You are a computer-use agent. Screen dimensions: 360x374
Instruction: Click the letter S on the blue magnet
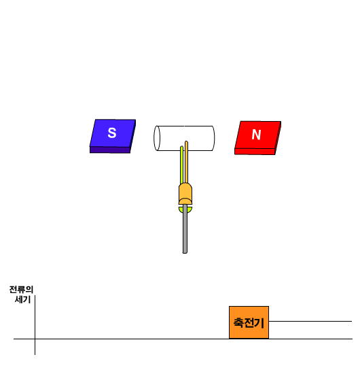point(112,133)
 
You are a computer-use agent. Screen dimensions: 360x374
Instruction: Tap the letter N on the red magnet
point(256,135)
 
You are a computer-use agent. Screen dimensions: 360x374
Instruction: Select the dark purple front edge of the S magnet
point(110,150)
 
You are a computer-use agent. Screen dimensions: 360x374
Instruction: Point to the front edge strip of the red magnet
point(255,152)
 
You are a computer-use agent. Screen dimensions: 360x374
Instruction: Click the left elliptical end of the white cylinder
point(157,138)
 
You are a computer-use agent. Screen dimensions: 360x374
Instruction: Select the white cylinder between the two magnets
point(184,138)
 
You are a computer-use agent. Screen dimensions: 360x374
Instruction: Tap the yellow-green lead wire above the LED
point(181,165)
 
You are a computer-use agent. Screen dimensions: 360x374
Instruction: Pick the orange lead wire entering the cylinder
point(186,163)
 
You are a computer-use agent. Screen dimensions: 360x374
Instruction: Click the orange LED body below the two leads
point(185,193)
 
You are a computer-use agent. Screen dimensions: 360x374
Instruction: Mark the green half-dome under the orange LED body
point(185,209)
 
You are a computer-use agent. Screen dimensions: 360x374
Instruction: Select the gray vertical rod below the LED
point(185,228)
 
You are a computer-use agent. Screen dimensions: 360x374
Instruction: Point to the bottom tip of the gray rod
point(185,253)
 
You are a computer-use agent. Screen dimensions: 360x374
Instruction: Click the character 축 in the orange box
point(238,323)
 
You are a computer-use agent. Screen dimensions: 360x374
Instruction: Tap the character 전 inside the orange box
point(249,323)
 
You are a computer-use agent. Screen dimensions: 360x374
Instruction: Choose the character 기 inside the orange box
point(259,323)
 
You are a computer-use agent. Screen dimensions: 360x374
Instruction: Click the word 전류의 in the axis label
point(21,290)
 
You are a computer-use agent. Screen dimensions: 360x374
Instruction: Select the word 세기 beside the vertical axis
point(23,299)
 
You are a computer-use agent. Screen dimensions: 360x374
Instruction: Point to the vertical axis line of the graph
point(35,325)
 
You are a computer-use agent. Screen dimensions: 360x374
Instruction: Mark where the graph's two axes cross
point(35,339)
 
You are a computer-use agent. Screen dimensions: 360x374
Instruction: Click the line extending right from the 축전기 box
point(310,321)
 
